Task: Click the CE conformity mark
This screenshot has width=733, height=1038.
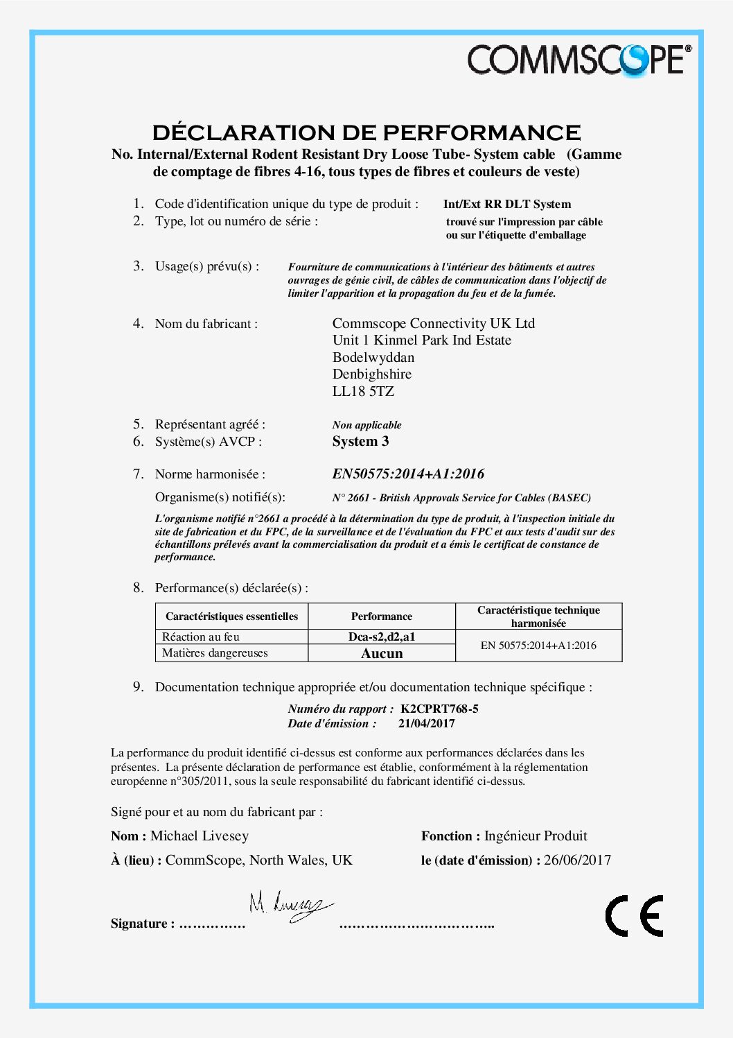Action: [x=634, y=915]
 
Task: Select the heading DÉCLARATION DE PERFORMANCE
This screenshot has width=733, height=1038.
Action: [x=366, y=132]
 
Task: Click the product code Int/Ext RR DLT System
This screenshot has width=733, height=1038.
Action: [x=507, y=204]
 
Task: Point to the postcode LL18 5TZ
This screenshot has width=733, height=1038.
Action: [x=363, y=391]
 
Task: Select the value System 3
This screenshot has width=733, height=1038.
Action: [x=360, y=442]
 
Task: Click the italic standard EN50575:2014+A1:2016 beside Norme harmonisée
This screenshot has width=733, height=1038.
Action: [x=408, y=474]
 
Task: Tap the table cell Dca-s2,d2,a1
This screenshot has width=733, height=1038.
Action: [x=382, y=637]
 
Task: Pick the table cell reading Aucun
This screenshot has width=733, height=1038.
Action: [x=382, y=653]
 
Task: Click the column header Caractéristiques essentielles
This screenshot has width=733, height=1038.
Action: [x=231, y=616]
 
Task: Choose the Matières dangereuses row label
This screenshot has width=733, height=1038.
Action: [x=215, y=653]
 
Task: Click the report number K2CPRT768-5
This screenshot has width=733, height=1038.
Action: [x=439, y=709]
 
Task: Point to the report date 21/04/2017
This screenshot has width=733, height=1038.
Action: [x=426, y=723]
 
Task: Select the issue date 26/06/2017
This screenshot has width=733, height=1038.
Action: [x=577, y=860]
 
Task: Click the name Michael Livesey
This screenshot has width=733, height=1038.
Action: [x=200, y=836]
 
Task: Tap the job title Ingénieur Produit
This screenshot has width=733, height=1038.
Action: [x=536, y=836]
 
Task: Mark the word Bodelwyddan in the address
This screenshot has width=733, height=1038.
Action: [x=373, y=358]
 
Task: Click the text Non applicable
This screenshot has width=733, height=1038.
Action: [x=366, y=425]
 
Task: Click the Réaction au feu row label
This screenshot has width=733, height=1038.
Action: [x=201, y=637]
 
